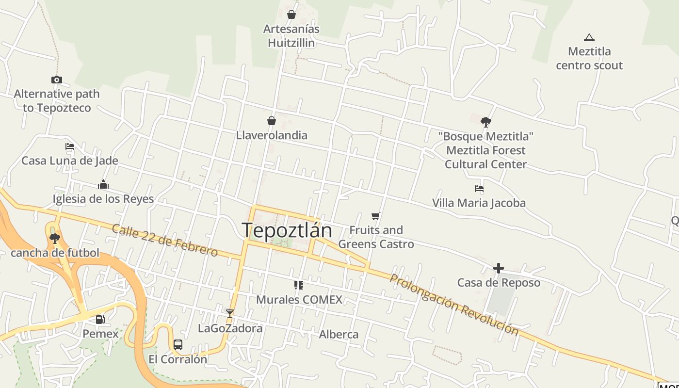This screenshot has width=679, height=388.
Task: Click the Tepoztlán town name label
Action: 287,230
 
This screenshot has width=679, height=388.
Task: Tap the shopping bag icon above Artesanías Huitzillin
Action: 291,15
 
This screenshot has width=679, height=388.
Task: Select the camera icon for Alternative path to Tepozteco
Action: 57,80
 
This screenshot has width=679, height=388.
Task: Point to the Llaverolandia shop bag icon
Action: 272,121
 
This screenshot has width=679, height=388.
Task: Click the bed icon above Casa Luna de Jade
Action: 70,146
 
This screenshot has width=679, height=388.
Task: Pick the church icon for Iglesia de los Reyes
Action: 103,184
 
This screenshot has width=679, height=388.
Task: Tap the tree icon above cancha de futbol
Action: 55,238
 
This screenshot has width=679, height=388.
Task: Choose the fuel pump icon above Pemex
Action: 100,319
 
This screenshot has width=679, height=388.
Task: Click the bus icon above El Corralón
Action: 178,345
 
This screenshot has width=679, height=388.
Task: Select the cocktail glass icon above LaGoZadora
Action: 230,314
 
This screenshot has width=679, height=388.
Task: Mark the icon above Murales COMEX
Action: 299,285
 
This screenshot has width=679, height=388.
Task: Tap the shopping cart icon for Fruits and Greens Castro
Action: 376,216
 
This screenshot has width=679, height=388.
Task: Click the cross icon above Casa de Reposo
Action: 499,268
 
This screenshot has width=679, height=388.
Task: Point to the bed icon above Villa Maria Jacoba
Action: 479,189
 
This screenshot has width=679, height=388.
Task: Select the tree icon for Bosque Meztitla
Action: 485,122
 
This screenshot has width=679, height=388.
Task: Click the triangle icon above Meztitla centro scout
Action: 589,37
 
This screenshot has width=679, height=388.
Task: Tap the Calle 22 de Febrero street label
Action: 165,240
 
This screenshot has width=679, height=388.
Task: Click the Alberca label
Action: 339,334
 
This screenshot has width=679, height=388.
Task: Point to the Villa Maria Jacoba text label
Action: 479,203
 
